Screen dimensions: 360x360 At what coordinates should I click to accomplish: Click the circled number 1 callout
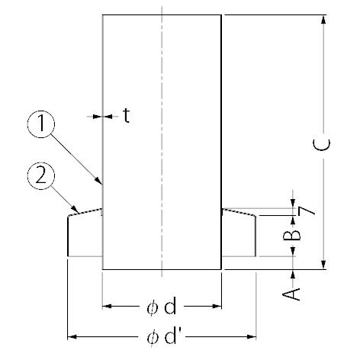coord(41,124)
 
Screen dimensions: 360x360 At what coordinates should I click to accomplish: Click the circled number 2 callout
coord(41,176)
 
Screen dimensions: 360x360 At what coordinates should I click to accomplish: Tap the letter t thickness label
coord(127,116)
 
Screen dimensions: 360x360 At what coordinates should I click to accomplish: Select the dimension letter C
coord(322,144)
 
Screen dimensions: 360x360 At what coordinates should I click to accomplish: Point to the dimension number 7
coord(306,211)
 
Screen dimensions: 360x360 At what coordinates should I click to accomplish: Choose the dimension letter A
coord(291,294)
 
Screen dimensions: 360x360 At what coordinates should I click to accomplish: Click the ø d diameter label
coord(161,306)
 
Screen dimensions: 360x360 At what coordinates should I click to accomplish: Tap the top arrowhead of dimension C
coord(323,20)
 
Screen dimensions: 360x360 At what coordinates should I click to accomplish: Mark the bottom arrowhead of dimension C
coord(323,265)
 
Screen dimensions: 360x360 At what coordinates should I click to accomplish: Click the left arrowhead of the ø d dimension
coord(107,306)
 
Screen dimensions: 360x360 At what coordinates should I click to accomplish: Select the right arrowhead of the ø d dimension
coord(217,306)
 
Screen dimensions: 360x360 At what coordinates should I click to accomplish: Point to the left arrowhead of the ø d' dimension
coord(72,337)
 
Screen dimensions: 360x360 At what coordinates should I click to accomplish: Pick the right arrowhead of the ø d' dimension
coord(252,337)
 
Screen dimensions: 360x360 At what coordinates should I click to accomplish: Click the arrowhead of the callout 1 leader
coord(99,180)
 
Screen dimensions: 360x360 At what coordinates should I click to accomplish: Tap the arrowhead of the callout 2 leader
coord(75,209)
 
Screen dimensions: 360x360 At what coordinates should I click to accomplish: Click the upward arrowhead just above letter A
coord(293,275)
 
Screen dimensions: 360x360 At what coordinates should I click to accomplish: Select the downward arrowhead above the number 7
coord(293,203)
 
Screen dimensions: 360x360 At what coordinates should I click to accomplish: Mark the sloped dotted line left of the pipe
coord(85,213)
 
